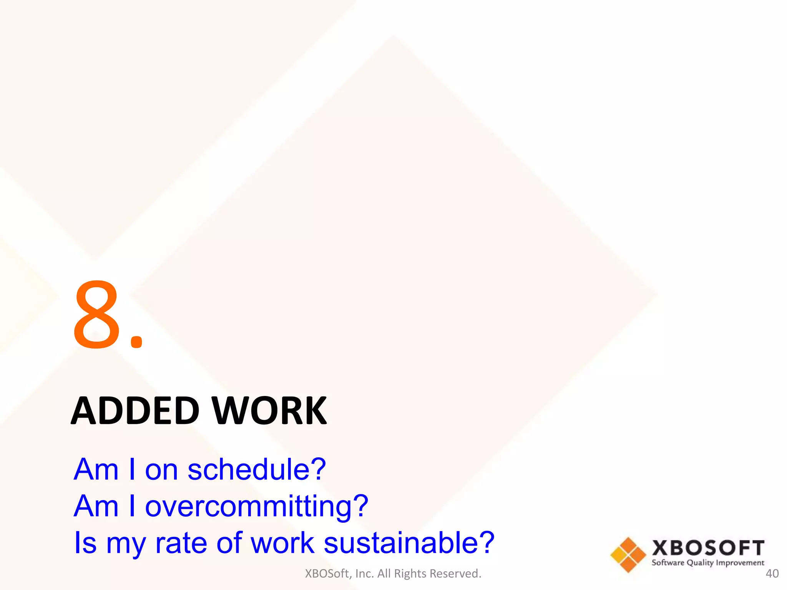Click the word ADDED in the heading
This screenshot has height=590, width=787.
[135, 411]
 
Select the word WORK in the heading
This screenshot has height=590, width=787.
[269, 411]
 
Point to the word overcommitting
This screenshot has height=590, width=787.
[248, 506]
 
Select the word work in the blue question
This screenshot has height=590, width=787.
[282, 543]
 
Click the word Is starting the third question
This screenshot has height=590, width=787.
[85, 543]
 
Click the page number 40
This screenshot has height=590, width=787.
[772, 573]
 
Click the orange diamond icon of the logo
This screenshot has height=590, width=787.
[628, 555]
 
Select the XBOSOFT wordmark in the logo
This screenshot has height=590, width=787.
[708, 548]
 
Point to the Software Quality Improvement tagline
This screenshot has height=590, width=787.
[708, 563]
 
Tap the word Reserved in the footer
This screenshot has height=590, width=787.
[455, 573]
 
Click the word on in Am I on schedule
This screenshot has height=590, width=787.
[161, 471]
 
